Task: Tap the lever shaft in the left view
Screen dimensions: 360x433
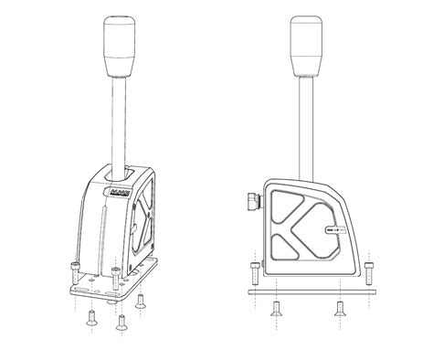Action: [120, 119]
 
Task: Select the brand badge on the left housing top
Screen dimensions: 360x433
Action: [118, 194]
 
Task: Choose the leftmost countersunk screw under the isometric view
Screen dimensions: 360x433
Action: [90, 316]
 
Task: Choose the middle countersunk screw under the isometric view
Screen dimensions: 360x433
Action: [121, 321]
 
